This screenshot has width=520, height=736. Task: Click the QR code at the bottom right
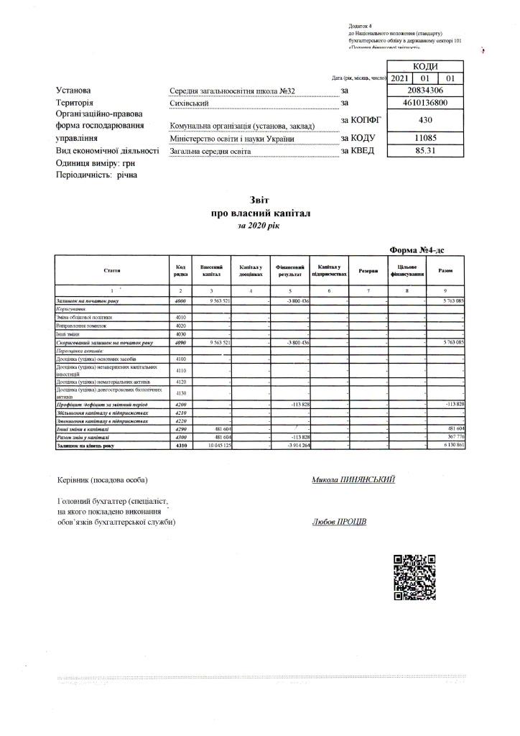tap(416, 577)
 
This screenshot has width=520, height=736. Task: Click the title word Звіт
tap(259, 202)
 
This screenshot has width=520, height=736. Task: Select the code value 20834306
tap(425, 91)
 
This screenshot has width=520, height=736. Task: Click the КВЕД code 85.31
tap(425, 151)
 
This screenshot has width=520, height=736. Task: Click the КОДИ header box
tap(425, 65)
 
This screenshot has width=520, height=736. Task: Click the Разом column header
tap(445, 270)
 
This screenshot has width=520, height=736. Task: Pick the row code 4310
tap(180, 446)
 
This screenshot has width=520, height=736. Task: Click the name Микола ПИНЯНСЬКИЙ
tap(353, 479)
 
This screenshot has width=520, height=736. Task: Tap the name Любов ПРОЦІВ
tap(339, 522)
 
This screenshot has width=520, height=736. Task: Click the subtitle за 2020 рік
tap(259, 226)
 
